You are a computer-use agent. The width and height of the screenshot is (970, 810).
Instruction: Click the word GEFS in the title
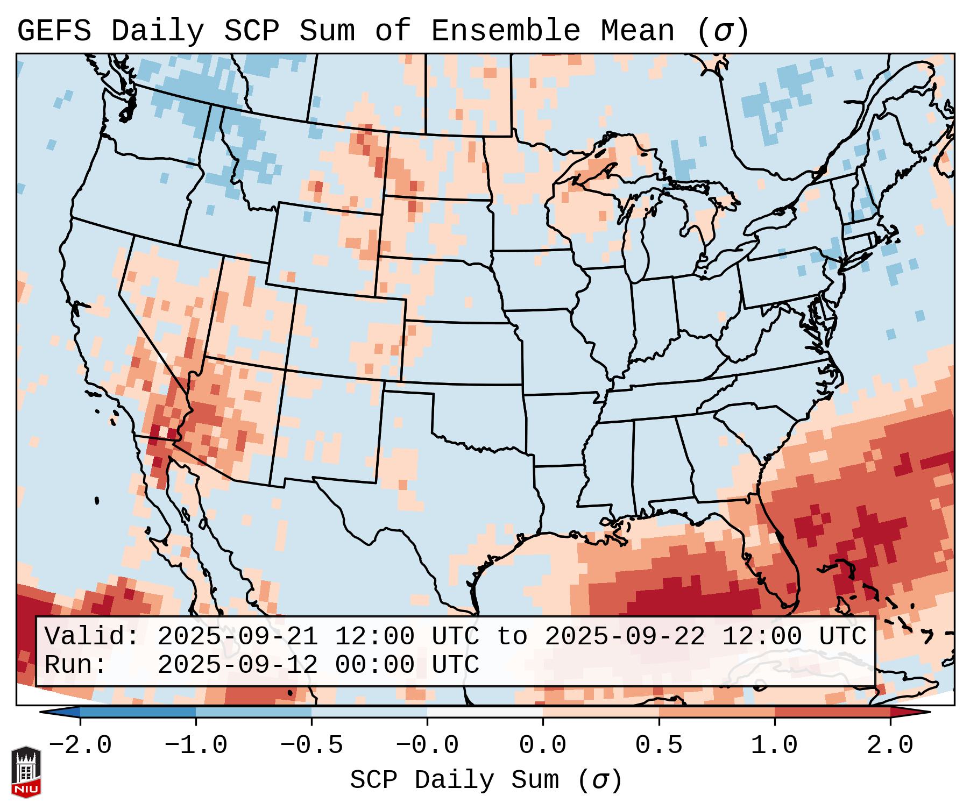click(54, 31)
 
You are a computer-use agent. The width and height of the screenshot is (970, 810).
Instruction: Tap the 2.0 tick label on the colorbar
click(890, 746)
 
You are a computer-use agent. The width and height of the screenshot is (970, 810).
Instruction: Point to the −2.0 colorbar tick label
click(80, 746)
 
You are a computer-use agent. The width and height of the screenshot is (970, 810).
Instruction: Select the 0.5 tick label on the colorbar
click(659, 746)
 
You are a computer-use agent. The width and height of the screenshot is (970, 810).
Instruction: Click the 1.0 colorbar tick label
click(774, 746)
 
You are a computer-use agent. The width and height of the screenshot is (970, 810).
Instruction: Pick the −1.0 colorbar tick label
click(196, 746)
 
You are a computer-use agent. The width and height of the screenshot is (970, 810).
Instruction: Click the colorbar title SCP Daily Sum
click(455, 780)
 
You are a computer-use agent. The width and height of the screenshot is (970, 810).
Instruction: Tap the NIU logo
click(26, 772)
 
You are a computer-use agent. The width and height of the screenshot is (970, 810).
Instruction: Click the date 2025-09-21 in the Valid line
click(237, 637)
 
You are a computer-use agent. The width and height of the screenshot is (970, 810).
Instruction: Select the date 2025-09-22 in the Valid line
click(625, 637)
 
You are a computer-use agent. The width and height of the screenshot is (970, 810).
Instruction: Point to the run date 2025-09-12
click(237, 665)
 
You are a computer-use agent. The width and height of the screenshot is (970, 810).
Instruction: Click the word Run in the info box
click(76, 665)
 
